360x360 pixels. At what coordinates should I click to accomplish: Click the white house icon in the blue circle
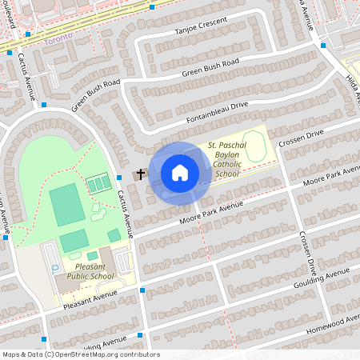coord(180,172)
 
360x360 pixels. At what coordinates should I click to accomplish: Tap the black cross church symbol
coord(142,173)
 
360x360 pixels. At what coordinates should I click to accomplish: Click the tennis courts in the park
coord(98,185)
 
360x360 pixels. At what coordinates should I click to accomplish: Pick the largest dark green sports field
coord(68,204)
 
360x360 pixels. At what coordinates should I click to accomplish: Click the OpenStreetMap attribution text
coord(81,354)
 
